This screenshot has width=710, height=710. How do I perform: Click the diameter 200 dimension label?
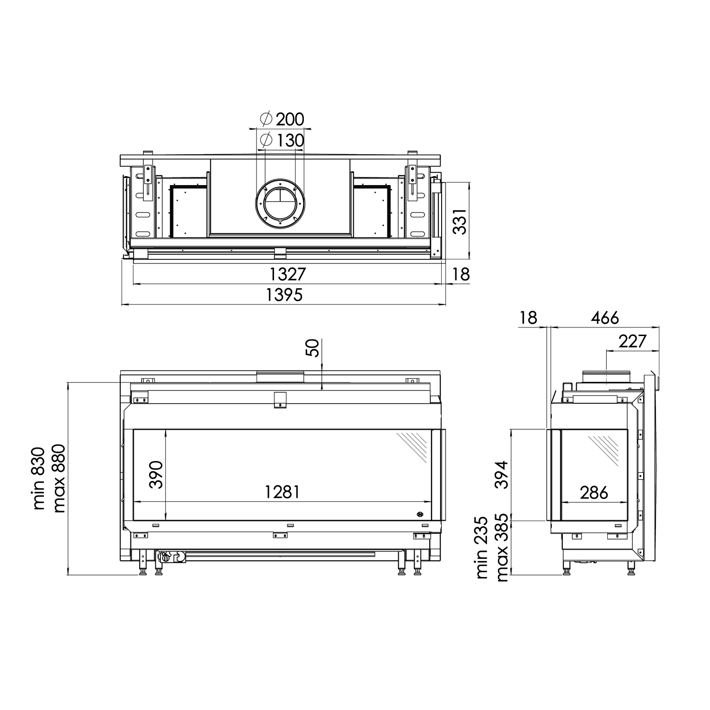point(283,119)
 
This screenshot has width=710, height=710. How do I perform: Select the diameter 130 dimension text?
point(283,141)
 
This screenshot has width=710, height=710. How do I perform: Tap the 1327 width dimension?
point(288,274)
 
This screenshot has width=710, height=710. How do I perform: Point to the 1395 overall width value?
point(284,295)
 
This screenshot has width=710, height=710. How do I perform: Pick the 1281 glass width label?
point(282,492)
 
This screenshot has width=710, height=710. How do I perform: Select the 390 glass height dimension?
point(156,474)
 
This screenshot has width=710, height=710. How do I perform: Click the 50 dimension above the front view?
point(313,349)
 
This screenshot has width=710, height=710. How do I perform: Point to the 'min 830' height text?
point(39,478)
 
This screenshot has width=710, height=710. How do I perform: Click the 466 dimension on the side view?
point(604,318)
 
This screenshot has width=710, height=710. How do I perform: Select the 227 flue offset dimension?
point(632,341)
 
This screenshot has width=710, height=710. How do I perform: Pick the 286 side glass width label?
point(594,492)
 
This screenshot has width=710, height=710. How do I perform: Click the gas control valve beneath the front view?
point(170,557)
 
